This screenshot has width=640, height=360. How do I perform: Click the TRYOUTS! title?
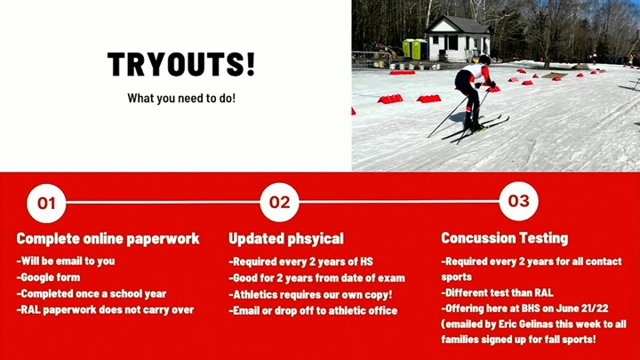tap(181, 65)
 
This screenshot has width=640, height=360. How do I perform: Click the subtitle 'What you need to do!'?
tap(181, 98)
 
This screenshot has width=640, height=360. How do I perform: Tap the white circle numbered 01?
tap(46, 203)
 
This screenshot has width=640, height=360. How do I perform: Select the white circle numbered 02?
tap(280, 202)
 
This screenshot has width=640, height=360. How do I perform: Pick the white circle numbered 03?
tap(519, 201)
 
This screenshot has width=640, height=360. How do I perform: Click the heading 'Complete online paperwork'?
tap(108, 238)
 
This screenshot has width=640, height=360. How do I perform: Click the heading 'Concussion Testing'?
tap(505, 237)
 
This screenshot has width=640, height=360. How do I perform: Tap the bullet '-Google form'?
tap(48, 277)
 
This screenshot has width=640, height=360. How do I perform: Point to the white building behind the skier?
tap(458, 39)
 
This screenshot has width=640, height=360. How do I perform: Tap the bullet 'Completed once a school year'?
tap(92, 293)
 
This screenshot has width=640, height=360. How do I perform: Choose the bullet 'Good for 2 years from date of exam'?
tap(316, 278)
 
